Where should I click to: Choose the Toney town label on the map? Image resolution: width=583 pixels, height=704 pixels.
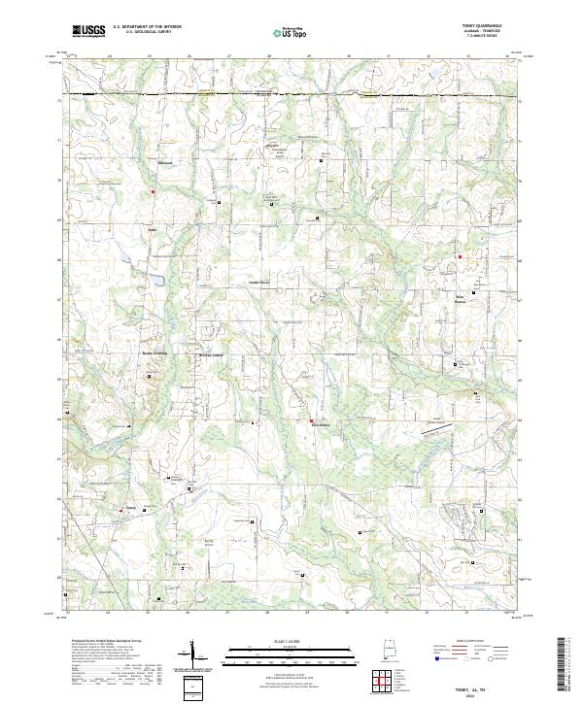(130, 506)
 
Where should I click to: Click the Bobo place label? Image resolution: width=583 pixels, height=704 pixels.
(152, 230)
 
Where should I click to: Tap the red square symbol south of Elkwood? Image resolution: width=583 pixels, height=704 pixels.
(153, 192)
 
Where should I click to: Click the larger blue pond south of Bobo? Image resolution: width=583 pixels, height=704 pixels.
(154, 281)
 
